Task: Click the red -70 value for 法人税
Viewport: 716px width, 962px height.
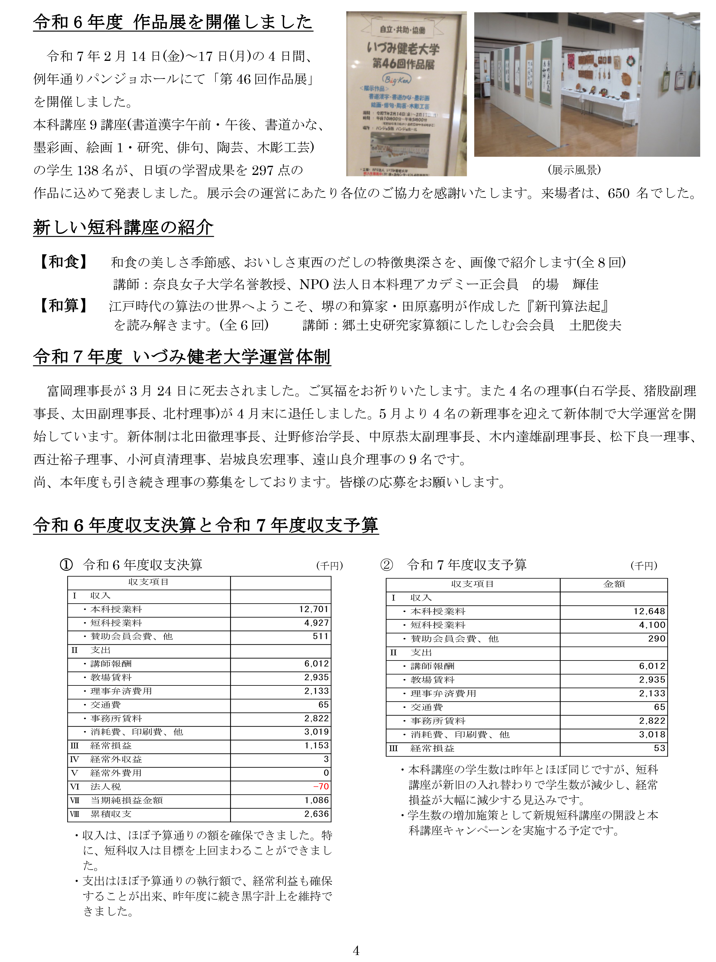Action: (321, 786)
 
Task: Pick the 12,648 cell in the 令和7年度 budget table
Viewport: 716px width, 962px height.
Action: (649, 612)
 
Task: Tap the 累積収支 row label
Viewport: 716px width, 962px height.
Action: (111, 814)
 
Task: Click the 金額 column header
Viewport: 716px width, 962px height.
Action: (614, 584)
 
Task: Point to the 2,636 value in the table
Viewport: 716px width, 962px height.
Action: (316, 814)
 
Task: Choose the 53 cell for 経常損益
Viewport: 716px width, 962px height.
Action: (659, 748)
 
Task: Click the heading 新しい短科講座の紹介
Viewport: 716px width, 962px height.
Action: (123, 228)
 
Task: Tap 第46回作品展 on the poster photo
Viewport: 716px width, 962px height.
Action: (403, 64)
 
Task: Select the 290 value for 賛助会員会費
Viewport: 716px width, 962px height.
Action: (657, 639)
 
